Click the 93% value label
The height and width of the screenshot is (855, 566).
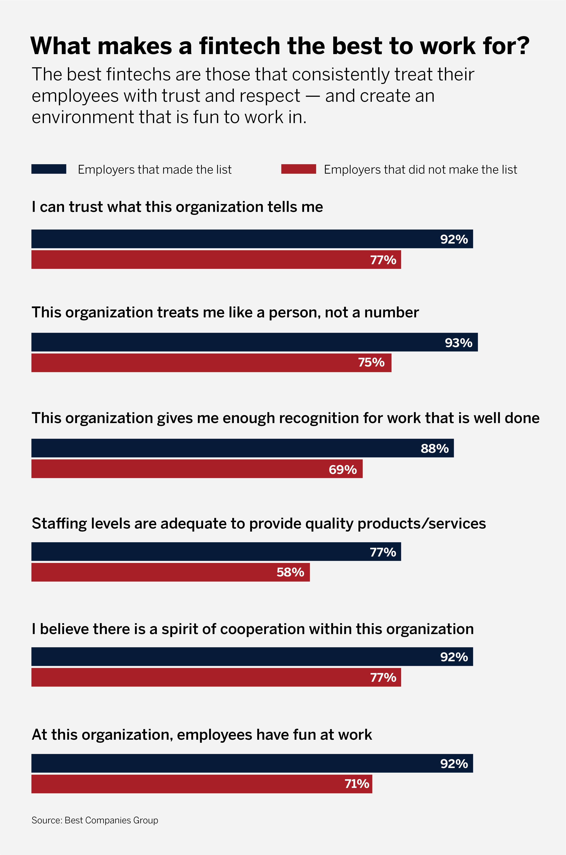coord(458,343)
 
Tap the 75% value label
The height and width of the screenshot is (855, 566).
coord(371,363)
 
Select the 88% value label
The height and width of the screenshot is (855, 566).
coord(435,448)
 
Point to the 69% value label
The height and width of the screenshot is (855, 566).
coord(342,469)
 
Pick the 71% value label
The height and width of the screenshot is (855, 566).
coord(357,783)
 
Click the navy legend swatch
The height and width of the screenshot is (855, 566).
coord(49,169)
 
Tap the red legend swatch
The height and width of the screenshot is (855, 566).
coord(299,169)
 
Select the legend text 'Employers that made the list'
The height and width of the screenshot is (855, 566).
coord(155,169)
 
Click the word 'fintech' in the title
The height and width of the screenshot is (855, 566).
coord(240,46)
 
